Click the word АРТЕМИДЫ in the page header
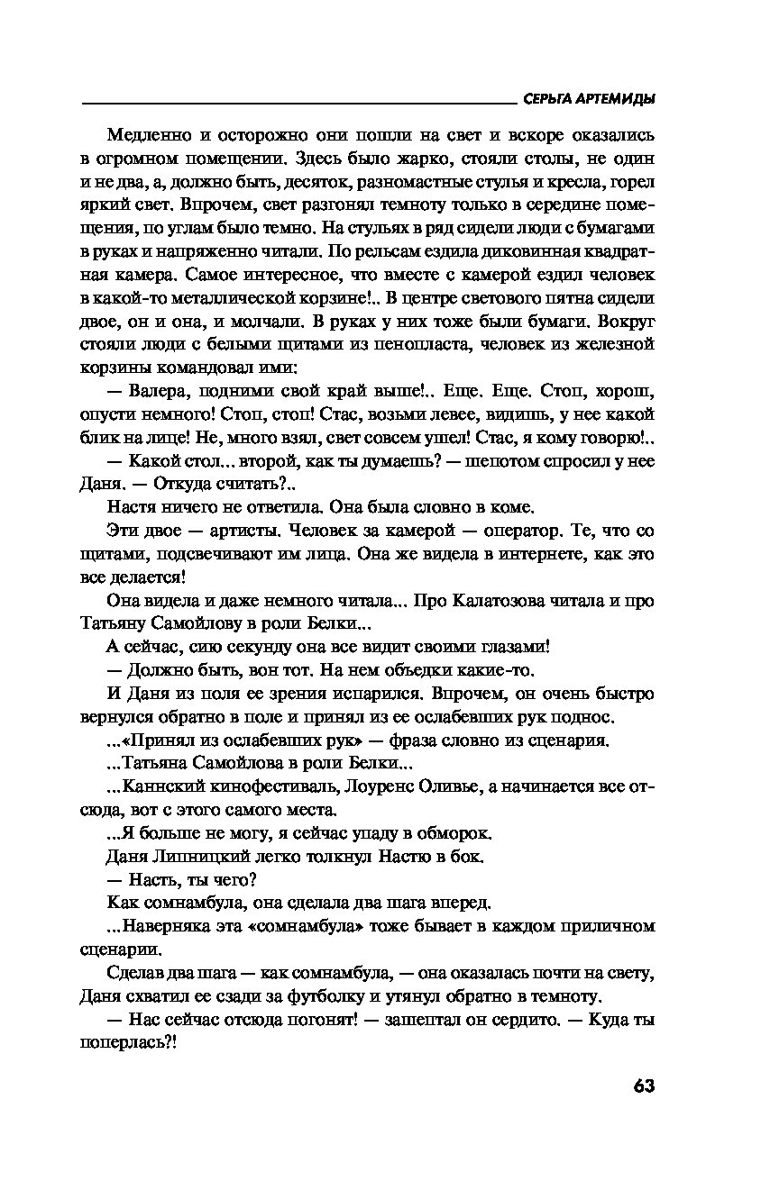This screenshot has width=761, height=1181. point(613,99)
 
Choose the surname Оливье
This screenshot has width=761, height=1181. point(472,786)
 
